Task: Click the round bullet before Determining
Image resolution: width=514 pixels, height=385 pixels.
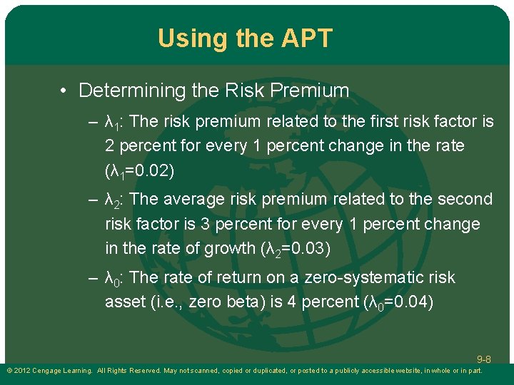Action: pyautogui.click(x=64, y=91)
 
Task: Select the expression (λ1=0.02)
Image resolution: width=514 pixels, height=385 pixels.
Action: pyautogui.click(x=139, y=170)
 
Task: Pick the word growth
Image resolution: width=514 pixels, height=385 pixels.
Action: pyautogui.click(x=214, y=249)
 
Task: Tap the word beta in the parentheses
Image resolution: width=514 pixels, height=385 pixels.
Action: pyautogui.click(x=243, y=302)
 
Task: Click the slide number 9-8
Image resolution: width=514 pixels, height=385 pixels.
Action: pyautogui.click(x=483, y=359)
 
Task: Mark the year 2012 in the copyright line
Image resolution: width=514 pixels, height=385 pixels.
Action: pyautogui.click(x=23, y=371)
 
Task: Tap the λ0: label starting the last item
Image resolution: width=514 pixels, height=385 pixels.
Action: pyautogui.click(x=116, y=277)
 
